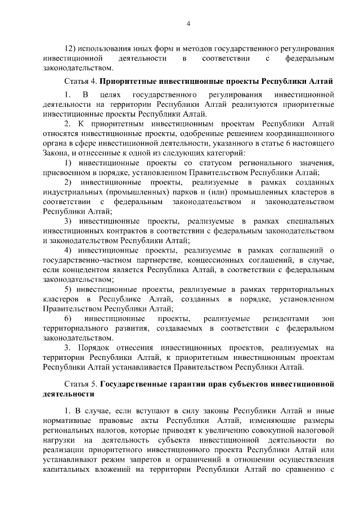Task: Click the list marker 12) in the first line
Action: (71, 48)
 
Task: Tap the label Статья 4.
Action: (82, 81)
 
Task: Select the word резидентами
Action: (276, 319)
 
